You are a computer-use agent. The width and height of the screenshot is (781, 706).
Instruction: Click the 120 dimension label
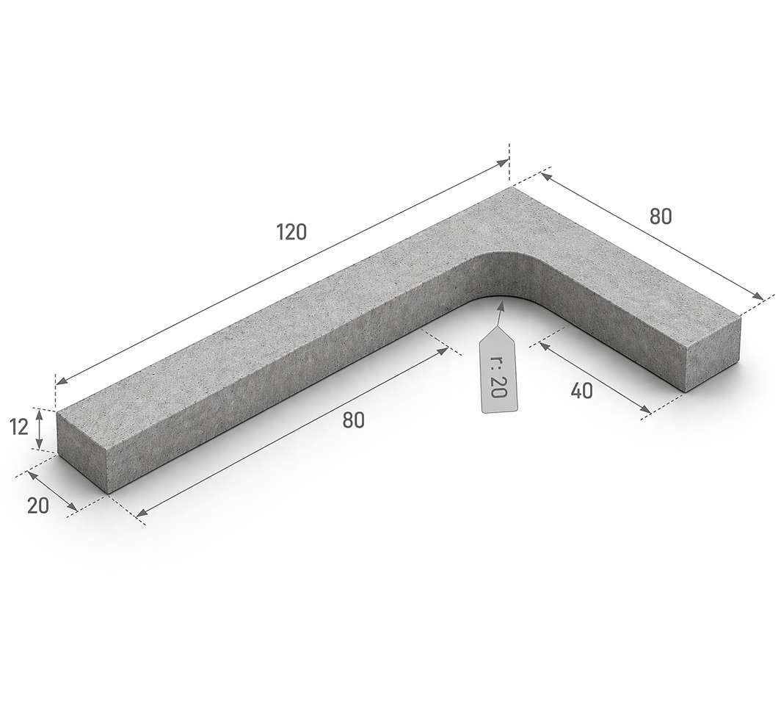pyautogui.click(x=292, y=232)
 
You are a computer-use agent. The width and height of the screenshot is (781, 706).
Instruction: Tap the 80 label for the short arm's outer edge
pyautogui.click(x=661, y=217)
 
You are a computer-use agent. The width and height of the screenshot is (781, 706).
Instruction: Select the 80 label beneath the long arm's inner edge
pyautogui.click(x=354, y=420)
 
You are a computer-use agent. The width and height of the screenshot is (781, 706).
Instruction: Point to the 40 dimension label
pyautogui.click(x=582, y=391)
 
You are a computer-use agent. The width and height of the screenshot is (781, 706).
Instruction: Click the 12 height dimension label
pyautogui.click(x=18, y=428)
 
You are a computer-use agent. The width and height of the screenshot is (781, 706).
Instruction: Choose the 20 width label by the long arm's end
pyautogui.click(x=38, y=506)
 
